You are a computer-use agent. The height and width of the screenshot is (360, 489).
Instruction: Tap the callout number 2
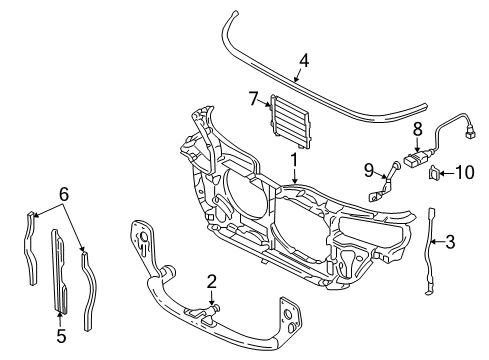pyautogui.click(x=212, y=282)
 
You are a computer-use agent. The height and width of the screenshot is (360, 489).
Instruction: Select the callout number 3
pyautogui.click(x=450, y=242)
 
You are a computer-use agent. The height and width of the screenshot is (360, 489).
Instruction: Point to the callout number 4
pyautogui.click(x=304, y=61)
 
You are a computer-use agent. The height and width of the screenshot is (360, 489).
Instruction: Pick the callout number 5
pyautogui.click(x=61, y=335)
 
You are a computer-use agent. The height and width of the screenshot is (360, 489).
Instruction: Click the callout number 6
pyautogui.click(x=64, y=194)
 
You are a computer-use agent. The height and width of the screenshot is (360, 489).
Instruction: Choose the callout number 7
pyautogui.click(x=254, y=98)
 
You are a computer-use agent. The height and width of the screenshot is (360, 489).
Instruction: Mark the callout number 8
pyautogui.click(x=418, y=129)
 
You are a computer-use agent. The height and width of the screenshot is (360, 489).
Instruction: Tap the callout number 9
pyautogui.click(x=369, y=171)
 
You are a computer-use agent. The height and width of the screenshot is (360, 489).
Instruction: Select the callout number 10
pyautogui.click(x=465, y=172)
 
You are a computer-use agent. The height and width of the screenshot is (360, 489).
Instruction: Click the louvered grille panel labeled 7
pyautogui.click(x=290, y=121)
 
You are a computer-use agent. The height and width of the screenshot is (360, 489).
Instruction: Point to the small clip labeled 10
pyautogui.click(x=433, y=172)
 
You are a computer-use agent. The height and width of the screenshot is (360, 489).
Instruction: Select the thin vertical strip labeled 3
pyautogui.click(x=430, y=251)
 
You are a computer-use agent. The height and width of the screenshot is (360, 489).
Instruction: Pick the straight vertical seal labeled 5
pyautogui.click(x=60, y=271)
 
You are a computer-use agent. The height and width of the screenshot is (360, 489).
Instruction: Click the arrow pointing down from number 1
pyautogui.click(x=294, y=176)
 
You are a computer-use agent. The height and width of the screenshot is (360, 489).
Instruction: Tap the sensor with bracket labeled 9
pyautogui.click(x=384, y=183)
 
